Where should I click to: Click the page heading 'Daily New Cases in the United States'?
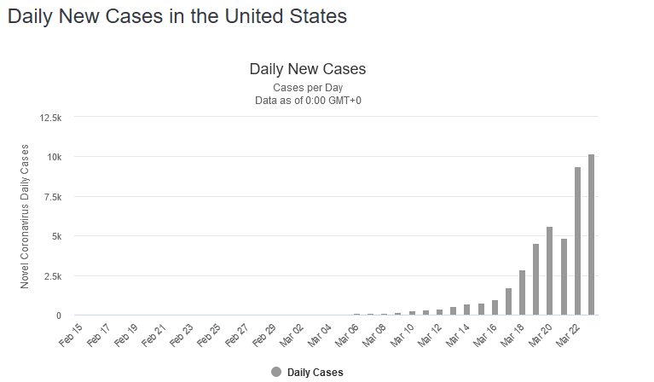click(177, 16)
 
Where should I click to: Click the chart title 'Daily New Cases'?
click(307, 68)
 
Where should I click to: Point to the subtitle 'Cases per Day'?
click(307, 88)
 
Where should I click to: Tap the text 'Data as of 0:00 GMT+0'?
click(307, 101)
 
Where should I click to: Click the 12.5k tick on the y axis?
click(49, 117)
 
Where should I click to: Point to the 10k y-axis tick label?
click(53, 157)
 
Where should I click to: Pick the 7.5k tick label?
click(51, 196)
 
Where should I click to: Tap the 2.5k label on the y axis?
click(51, 275)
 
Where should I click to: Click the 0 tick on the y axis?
click(58, 315)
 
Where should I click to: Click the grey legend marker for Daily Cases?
click(275, 372)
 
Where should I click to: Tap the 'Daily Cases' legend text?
click(315, 373)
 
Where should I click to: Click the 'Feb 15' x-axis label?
click(72, 334)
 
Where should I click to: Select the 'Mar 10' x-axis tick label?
click(402, 334)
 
